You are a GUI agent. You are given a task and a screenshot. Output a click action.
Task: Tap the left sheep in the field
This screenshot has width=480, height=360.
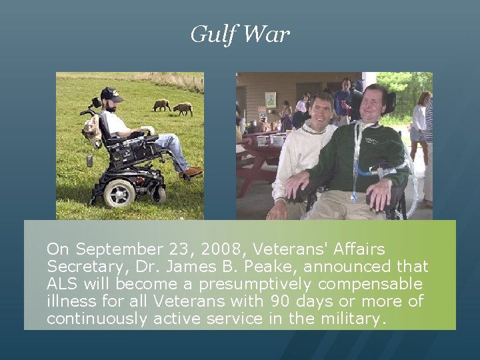161,105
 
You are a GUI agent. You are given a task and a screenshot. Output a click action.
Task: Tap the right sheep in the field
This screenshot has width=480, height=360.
183,108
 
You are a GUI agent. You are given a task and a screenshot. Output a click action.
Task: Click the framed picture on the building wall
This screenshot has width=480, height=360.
270,99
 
